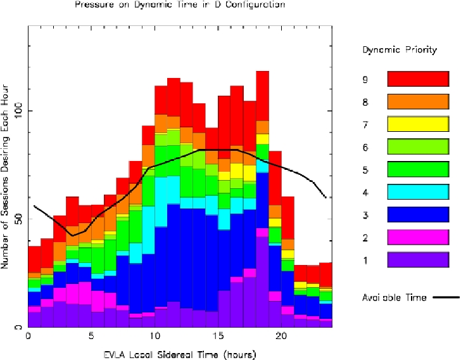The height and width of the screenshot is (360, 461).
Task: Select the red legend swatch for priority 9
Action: coord(417,80)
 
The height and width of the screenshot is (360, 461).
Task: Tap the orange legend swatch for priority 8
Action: coord(417,103)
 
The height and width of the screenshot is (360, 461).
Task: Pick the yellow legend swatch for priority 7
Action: coord(417,125)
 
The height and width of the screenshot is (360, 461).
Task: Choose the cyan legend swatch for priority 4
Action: coord(417,193)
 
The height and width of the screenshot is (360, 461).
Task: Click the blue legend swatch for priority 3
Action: coord(417,215)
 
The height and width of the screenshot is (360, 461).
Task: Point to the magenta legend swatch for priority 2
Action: coord(417,238)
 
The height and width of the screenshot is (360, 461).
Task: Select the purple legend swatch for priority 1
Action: coord(417,260)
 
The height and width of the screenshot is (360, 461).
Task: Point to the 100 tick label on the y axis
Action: coord(20,112)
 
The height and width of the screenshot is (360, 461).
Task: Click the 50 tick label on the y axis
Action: coord(20,219)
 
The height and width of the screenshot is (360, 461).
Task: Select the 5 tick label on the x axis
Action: coord(91,337)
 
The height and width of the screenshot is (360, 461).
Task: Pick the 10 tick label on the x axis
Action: coord(155,337)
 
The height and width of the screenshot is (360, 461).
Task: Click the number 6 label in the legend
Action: coord(365,148)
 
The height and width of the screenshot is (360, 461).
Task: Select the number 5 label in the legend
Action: coord(365,170)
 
